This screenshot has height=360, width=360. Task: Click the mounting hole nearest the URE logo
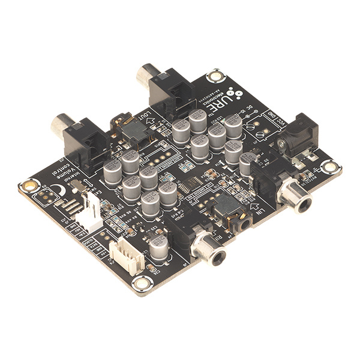214,76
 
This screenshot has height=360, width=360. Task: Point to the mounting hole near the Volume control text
28,185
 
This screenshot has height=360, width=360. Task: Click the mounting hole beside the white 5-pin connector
142,283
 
